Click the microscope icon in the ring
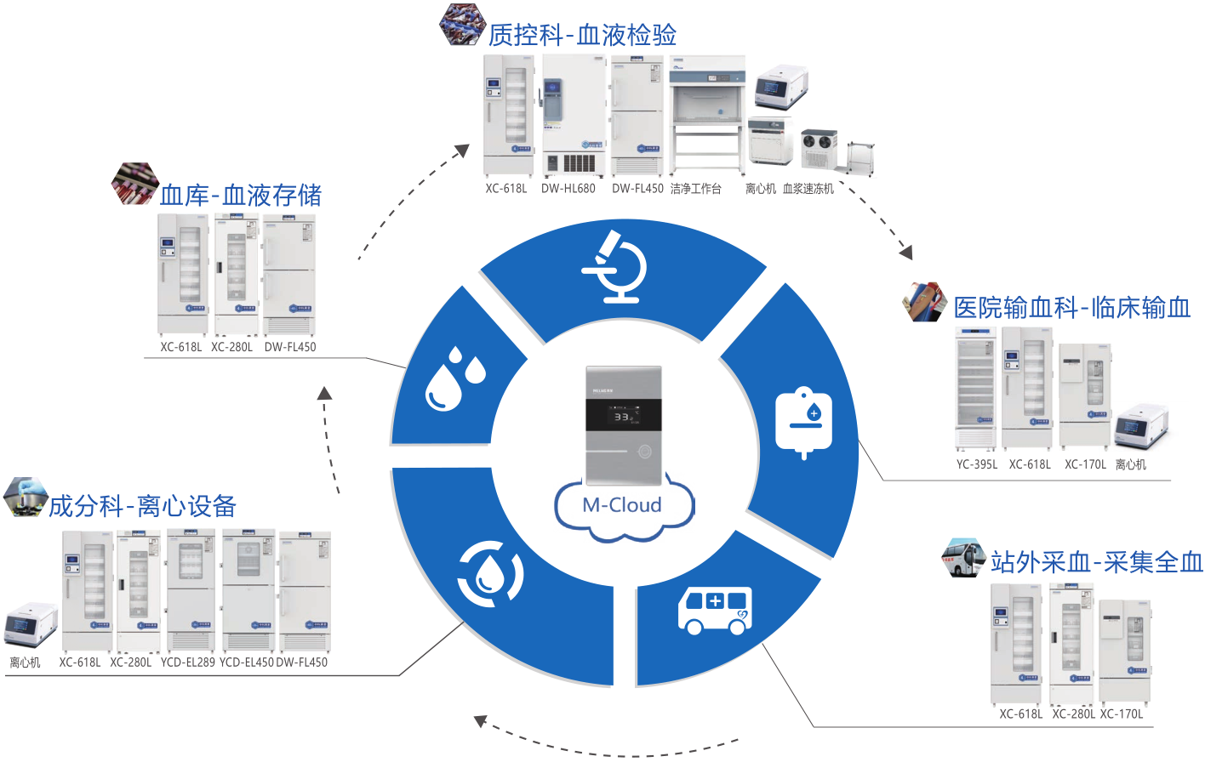pos(615,267)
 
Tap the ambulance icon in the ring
pos(716,610)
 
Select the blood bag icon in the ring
pos(803,422)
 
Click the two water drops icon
pos(454,378)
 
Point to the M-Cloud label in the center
pos(623,505)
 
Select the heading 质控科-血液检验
pos(582,35)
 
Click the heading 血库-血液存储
pos(241,196)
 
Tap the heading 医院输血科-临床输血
pos(1071,308)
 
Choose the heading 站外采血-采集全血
pos(1096,562)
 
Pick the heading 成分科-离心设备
pos(142,507)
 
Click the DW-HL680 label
pos(568,189)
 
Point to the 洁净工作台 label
pos(695,189)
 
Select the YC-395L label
pos(977,465)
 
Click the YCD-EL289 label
pos(188,662)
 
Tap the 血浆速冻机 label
pos(808,189)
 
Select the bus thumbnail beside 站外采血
pos(964,558)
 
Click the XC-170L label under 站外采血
pos(1122,714)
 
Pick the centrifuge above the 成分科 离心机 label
pos(31,627)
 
